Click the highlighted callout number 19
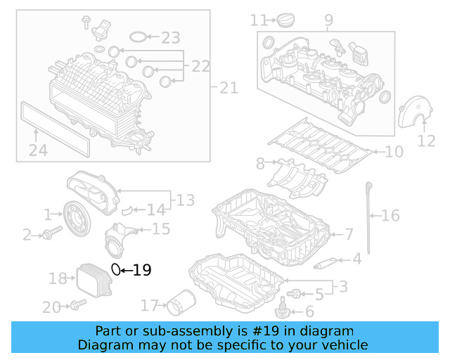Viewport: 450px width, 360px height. pyautogui.click(x=142, y=269)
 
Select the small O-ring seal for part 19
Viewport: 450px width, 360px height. pyautogui.click(x=117, y=269)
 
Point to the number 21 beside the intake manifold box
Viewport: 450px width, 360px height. pyautogui.click(x=229, y=88)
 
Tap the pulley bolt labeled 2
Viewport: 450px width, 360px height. pyautogui.click(x=48, y=234)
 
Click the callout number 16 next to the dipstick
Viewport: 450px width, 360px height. pyautogui.click(x=390, y=215)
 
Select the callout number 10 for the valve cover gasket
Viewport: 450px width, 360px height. pyautogui.click(x=394, y=151)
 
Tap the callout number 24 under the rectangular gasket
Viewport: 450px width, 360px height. pyautogui.click(x=38, y=149)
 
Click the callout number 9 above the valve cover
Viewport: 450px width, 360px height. pyautogui.click(x=328, y=21)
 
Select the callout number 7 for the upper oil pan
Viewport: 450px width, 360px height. pyautogui.click(x=349, y=233)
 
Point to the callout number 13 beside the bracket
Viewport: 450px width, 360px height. pyautogui.click(x=185, y=200)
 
